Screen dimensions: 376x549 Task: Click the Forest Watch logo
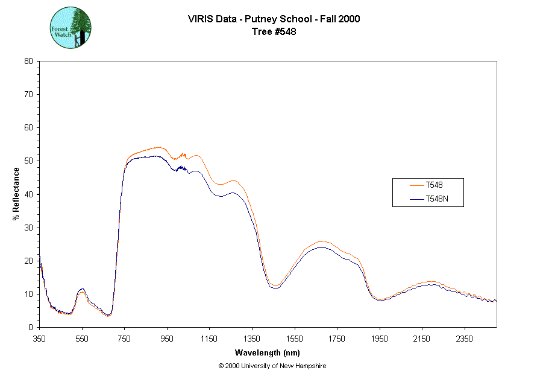(71, 28)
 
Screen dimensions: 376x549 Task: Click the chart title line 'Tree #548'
(274, 32)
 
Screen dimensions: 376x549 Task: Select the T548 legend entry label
(435, 185)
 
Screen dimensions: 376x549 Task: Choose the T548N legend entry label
(438, 199)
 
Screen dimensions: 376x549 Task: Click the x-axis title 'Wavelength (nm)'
(267, 353)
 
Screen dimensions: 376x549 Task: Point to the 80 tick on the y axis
(28, 61)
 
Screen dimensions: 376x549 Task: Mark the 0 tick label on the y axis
(31, 327)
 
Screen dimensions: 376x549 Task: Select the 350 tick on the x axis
(40, 339)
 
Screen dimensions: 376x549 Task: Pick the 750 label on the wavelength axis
(124, 339)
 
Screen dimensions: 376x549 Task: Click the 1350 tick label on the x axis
(252, 339)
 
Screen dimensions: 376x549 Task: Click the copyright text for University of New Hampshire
(272, 366)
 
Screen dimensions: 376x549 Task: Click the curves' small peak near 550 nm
(82, 290)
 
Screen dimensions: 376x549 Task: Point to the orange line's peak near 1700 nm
(322, 241)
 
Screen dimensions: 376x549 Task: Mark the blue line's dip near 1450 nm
(275, 288)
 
